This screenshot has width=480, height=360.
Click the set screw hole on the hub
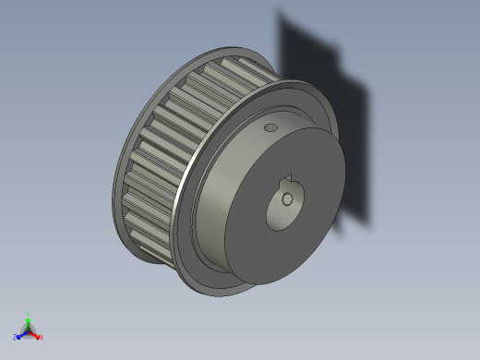pyautogui.click(x=270, y=127)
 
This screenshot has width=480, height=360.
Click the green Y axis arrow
pyautogui.click(x=29, y=320)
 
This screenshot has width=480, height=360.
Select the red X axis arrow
pyautogui.click(x=36, y=335)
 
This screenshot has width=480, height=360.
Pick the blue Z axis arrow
pyautogui.click(x=21, y=335)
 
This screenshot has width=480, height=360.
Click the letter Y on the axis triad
pyautogui.click(x=29, y=313)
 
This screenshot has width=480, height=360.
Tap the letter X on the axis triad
pyautogui.click(x=42, y=338)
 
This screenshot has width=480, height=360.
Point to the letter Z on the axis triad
pyautogui.click(x=16, y=338)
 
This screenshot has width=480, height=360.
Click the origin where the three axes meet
pyautogui.click(x=29, y=331)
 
